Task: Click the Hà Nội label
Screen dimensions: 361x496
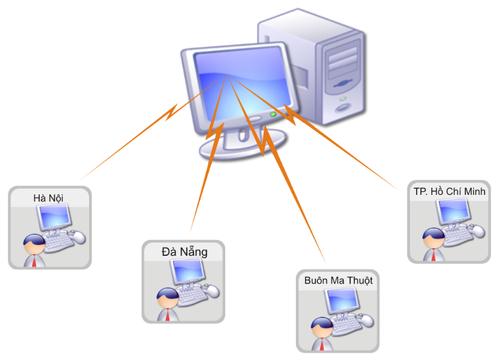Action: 48,197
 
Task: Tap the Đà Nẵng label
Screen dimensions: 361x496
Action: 184,251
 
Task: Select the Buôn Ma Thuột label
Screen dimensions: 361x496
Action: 338,280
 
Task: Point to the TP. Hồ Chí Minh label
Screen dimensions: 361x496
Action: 449,191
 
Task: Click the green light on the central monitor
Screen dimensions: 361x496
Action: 273,114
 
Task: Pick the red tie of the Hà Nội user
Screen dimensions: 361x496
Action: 34,261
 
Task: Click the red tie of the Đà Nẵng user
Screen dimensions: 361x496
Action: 167,316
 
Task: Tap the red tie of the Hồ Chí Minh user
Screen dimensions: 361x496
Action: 433,255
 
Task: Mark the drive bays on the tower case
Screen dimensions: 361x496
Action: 342,62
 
